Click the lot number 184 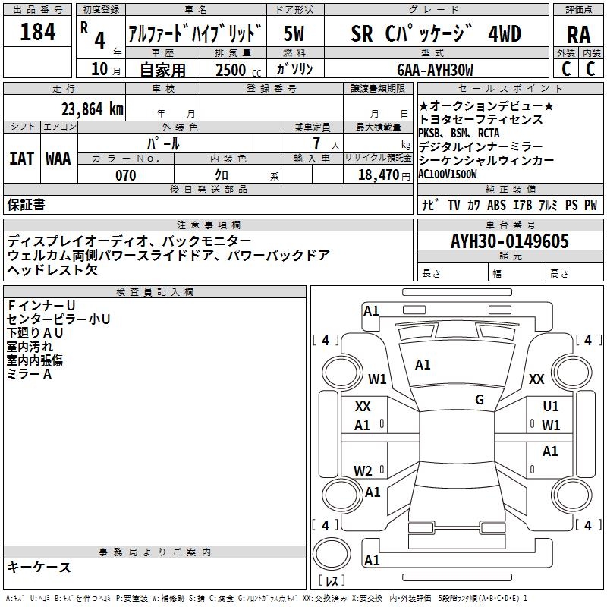point(37,33)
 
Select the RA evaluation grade point(578,35)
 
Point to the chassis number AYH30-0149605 point(509,241)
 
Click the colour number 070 point(125,175)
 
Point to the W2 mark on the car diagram point(363,470)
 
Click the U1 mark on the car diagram point(551,407)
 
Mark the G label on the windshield point(480,399)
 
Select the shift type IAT point(22,159)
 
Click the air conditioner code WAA point(58,159)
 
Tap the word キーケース point(39,567)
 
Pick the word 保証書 point(26,205)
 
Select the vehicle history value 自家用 point(162,70)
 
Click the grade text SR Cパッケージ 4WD point(436,33)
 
